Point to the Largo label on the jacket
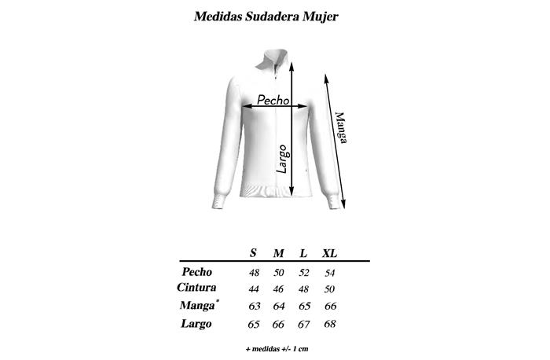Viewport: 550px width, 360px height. pos(282,158)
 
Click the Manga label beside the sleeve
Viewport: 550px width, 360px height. pos(341,126)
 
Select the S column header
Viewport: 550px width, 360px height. pos(253,253)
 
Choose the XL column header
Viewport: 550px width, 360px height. pos(331,253)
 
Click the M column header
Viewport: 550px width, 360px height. pos(278,253)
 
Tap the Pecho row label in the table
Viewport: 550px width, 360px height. pos(197,272)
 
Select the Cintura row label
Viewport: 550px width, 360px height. pos(197,288)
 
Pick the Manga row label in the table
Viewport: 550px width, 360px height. pos(197,305)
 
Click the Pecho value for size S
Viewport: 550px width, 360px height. pos(254,273)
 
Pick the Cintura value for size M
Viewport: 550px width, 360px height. pos(279,288)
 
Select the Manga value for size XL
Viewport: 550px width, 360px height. pos(331,306)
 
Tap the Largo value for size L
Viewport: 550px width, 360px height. pos(303,323)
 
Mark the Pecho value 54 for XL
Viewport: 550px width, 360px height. pos(331,273)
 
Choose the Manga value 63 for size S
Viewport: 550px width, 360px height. pos(254,306)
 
